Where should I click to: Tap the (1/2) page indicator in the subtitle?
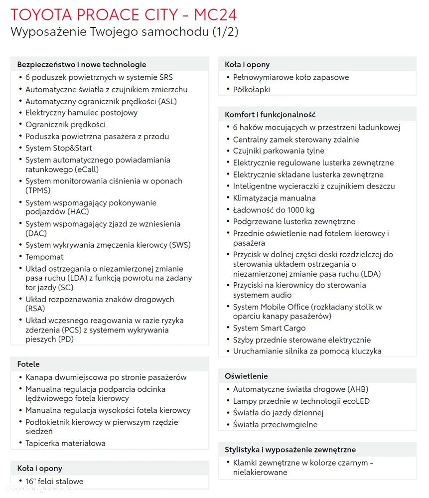tap(225, 32)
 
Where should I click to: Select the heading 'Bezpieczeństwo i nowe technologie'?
tap(82, 64)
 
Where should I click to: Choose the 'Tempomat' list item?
tap(44, 257)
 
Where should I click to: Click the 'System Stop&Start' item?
tap(58, 148)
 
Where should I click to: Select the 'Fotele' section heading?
tap(28, 364)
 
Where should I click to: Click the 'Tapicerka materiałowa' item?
tap(65, 443)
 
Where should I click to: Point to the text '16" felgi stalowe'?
tap(54, 482)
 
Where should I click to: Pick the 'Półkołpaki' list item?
tap(251, 90)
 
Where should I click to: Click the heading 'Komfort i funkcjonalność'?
tap(270, 115)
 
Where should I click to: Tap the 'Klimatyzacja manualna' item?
tap(274, 198)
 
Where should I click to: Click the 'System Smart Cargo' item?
tap(269, 328)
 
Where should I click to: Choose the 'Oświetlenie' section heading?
tap(246, 376)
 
